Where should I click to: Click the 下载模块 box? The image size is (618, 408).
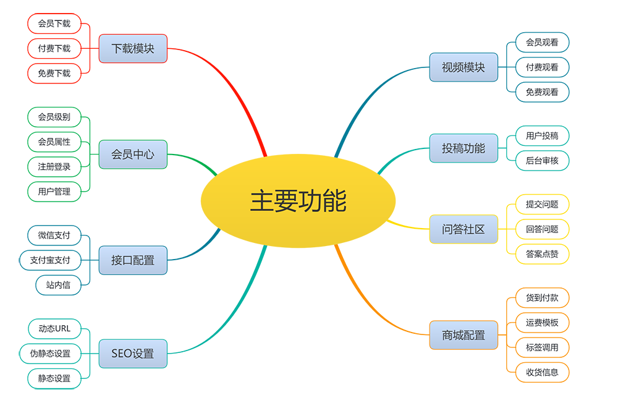(133, 48)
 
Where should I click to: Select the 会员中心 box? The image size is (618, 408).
(133, 155)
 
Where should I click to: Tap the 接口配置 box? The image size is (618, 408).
(133, 260)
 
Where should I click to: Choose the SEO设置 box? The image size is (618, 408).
(133, 354)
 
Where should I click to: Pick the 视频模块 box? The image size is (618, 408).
(463, 67)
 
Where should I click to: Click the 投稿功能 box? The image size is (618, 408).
(463, 148)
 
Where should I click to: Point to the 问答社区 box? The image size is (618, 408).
(463, 229)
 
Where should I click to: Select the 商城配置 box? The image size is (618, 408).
(463, 336)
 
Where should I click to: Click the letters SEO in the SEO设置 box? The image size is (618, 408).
(122, 354)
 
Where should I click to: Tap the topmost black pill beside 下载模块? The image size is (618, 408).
(54, 23)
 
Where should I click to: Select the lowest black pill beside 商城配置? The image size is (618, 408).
(543, 372)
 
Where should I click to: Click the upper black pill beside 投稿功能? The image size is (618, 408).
(543, 135)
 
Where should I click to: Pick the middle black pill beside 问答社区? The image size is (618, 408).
(543, 229)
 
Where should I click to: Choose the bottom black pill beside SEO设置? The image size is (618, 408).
(54, 378)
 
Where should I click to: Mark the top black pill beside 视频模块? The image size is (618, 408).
(543, 42)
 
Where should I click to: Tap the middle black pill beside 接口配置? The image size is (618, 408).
(51, 260)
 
